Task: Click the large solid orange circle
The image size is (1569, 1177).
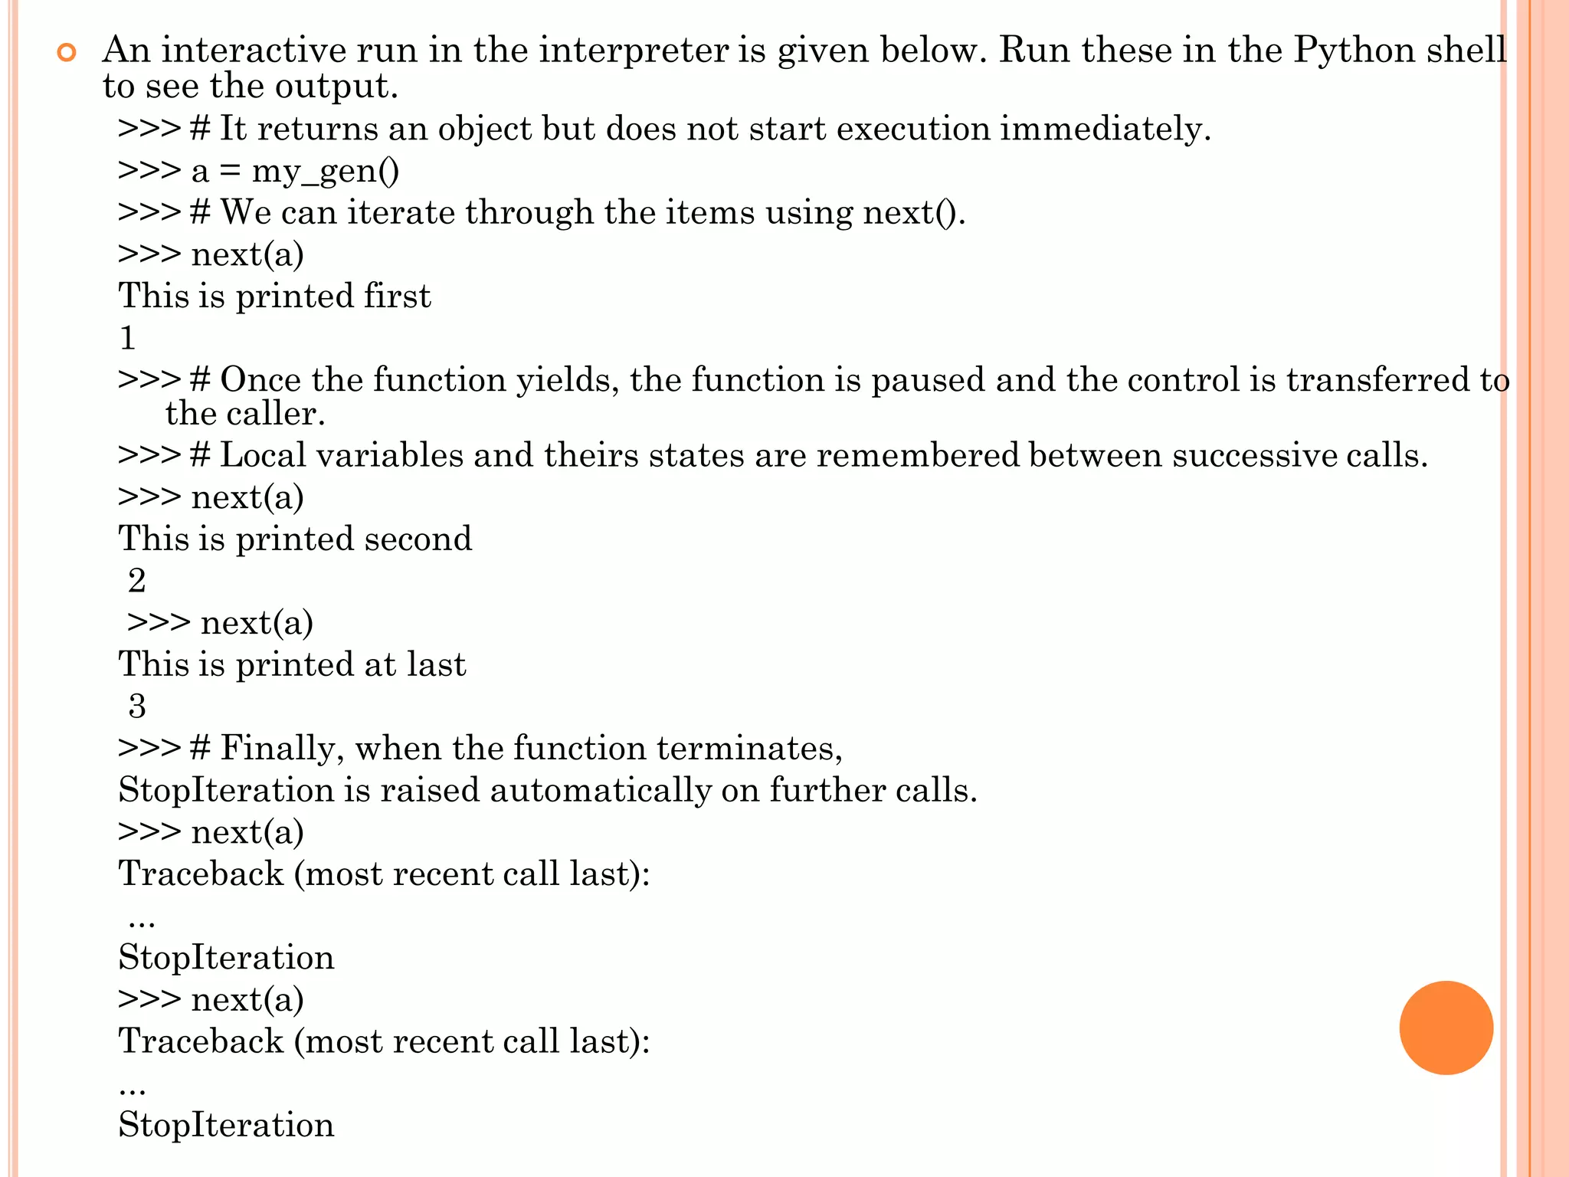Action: [1446, 1028]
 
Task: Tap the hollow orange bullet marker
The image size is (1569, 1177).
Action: [67, 53]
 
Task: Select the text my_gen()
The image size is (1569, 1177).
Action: [326, 171]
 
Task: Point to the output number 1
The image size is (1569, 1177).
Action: [128, 338]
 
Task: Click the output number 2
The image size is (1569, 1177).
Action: [137, 581]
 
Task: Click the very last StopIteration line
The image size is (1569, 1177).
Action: [226, 1125]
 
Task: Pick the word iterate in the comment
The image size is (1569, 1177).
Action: [401, 212]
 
